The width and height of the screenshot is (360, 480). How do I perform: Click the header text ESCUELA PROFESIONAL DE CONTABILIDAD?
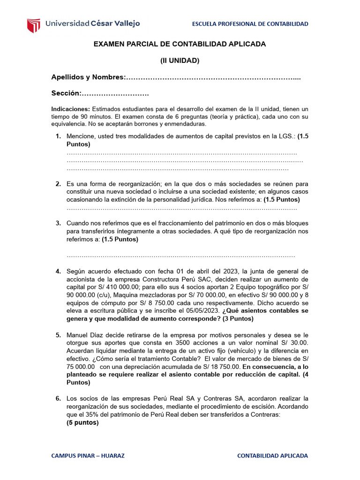point(250,24)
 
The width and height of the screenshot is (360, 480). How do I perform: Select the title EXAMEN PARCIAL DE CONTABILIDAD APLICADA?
point(180,44)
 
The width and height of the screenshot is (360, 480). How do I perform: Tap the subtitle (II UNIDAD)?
point(180,60)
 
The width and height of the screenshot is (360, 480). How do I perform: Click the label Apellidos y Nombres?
point(89,77)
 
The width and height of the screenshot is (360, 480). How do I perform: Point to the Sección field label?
point(66,93)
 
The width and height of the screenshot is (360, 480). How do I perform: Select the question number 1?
point(58,136)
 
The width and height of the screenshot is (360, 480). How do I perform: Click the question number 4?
point(58,271)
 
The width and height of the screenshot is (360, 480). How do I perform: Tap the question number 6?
point(58,399)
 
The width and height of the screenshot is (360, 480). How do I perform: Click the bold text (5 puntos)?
point(82,423)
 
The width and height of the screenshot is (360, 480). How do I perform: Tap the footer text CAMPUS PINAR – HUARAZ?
point(88,456)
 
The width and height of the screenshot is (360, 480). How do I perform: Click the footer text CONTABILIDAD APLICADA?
point(273,456)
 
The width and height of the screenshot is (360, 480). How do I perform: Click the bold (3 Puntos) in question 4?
point(238,319)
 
